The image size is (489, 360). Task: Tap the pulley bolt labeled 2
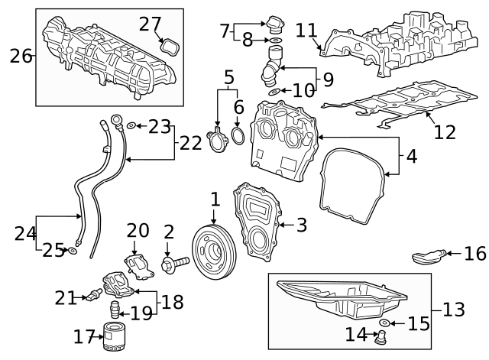175,265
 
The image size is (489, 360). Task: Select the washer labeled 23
131,125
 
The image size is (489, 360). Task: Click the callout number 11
306,31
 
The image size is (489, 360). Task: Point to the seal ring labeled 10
274,92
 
